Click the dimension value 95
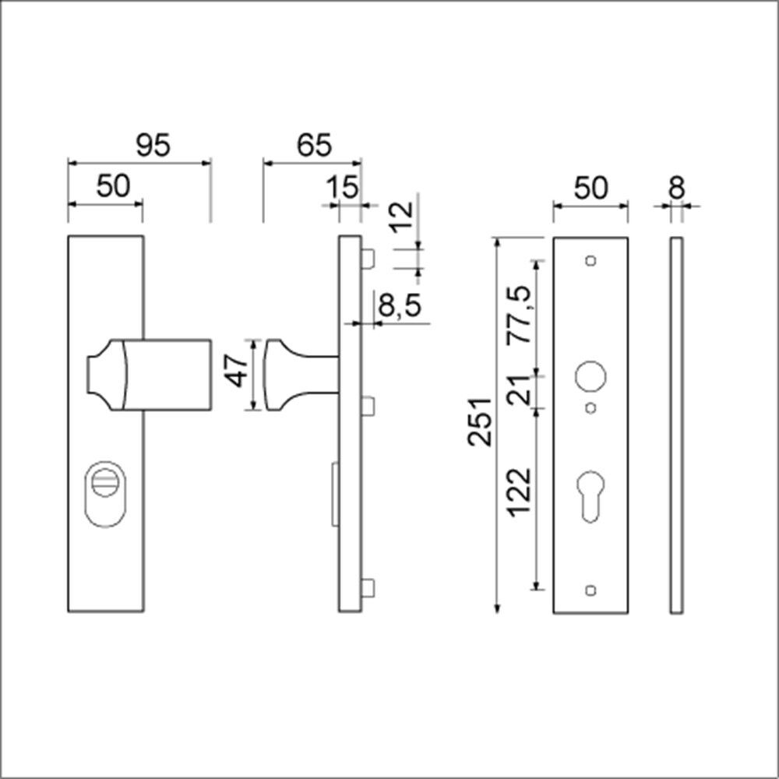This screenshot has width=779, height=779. pos(152,146)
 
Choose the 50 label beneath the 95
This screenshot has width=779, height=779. pos(113,187)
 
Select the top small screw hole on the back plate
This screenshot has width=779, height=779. pos(590,259)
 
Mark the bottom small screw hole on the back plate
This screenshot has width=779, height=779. pos(590,590)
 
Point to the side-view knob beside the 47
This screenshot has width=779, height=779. pos(284,374)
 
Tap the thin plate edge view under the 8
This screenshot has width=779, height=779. pos(675,425)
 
